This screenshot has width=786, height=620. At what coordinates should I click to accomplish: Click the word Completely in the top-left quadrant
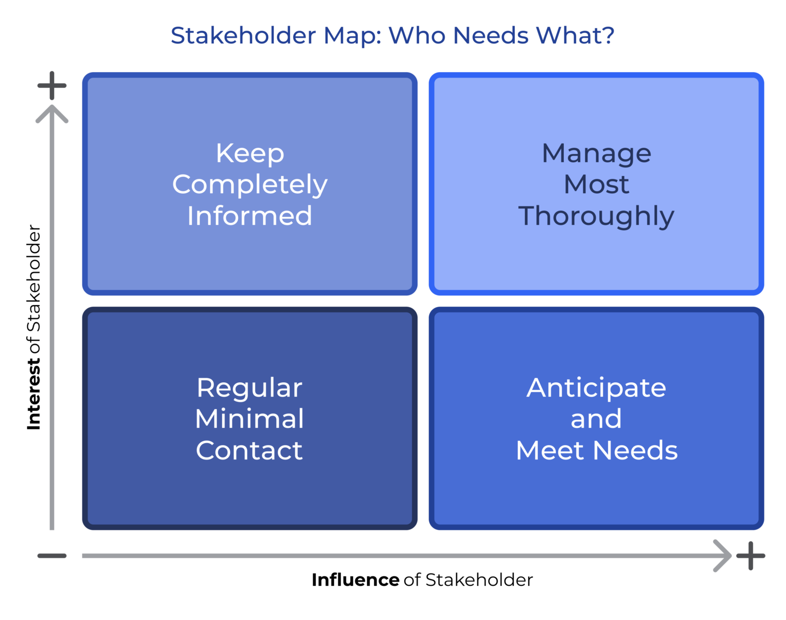(249, 185)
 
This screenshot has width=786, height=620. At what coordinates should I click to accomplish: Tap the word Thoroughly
(596, 216)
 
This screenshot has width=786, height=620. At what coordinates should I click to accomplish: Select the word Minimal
(249, 419)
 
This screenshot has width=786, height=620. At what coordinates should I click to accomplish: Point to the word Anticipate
(596, 388)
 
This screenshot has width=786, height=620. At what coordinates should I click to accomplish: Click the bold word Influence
(355, 580)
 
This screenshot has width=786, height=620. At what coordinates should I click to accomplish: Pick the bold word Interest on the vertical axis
(34, 394)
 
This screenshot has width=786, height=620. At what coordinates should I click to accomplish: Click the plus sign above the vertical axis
(52, 85)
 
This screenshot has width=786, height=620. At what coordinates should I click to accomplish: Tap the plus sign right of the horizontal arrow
(750, 556)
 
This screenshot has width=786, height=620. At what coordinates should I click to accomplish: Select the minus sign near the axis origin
(52, 556)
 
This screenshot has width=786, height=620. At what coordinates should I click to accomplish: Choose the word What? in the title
(575, 35)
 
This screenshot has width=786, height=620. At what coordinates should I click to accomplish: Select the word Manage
(596, 153)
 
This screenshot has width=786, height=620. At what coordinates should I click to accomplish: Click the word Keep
(249, 153)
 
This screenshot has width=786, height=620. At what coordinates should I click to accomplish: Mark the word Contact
(249, 450)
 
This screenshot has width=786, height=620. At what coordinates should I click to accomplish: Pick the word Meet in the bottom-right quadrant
(550, 450)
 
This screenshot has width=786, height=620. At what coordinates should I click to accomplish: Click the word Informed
(249, 216)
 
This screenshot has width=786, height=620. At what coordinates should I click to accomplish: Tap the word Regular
(249, 388)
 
